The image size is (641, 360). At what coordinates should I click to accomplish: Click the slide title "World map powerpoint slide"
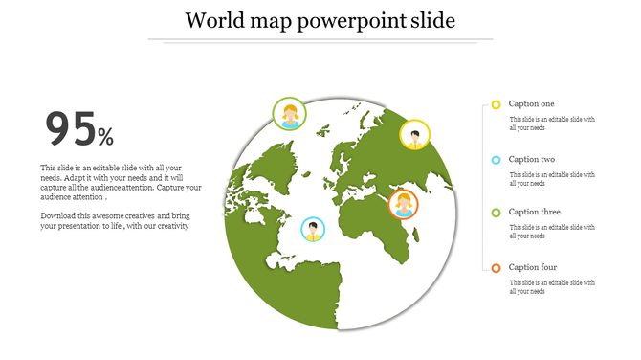coord(320,20)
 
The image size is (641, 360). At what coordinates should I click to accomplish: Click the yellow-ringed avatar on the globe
coord(414,134)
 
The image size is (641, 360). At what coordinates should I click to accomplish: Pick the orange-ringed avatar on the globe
coord(404,204)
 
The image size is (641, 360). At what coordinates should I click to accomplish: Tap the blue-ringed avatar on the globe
coord(312,230)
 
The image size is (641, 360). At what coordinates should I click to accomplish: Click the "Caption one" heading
coord(531,103)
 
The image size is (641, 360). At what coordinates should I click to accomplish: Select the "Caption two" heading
coord(531,159)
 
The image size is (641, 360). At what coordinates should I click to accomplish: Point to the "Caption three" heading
coord(534,212)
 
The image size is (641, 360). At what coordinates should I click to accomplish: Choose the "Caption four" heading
coord(532,267)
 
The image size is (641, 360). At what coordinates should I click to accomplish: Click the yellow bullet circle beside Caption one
coord(496,104)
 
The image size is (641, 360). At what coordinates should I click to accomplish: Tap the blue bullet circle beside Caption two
coord(496,160)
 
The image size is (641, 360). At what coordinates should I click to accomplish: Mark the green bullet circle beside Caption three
coord(496,213)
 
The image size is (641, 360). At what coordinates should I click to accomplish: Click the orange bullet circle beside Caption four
coord(496,268)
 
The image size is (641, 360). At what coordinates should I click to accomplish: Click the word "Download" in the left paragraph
coord(57,216)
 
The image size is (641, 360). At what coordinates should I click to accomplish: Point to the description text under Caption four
coord(552,287)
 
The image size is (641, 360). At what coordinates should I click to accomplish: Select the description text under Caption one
coord(552,124)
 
